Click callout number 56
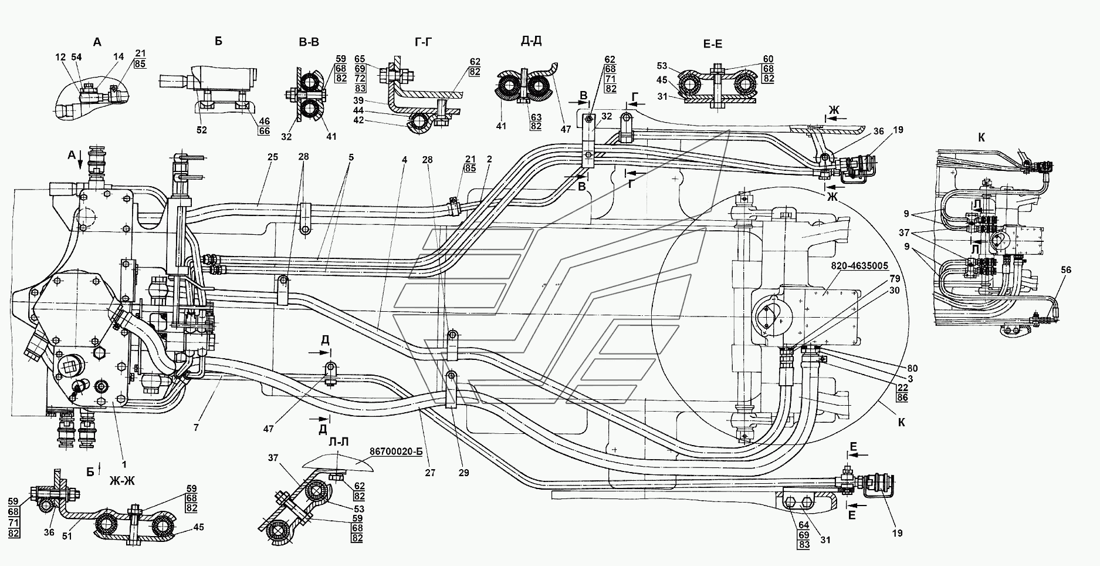pos(1066,270)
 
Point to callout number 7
pos(197,428)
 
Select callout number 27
pos(430,472)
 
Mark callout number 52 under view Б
pos(201,130)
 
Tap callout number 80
pos(911,368)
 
